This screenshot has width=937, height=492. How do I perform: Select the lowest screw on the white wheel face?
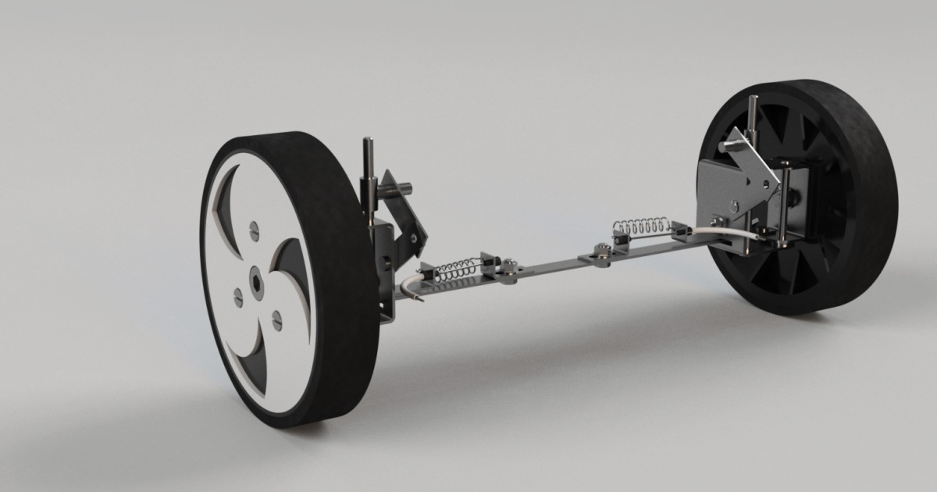pos(276,319)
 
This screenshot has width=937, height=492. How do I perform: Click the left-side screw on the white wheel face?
pos(239,295)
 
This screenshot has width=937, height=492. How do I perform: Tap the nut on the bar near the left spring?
pos(509,266)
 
